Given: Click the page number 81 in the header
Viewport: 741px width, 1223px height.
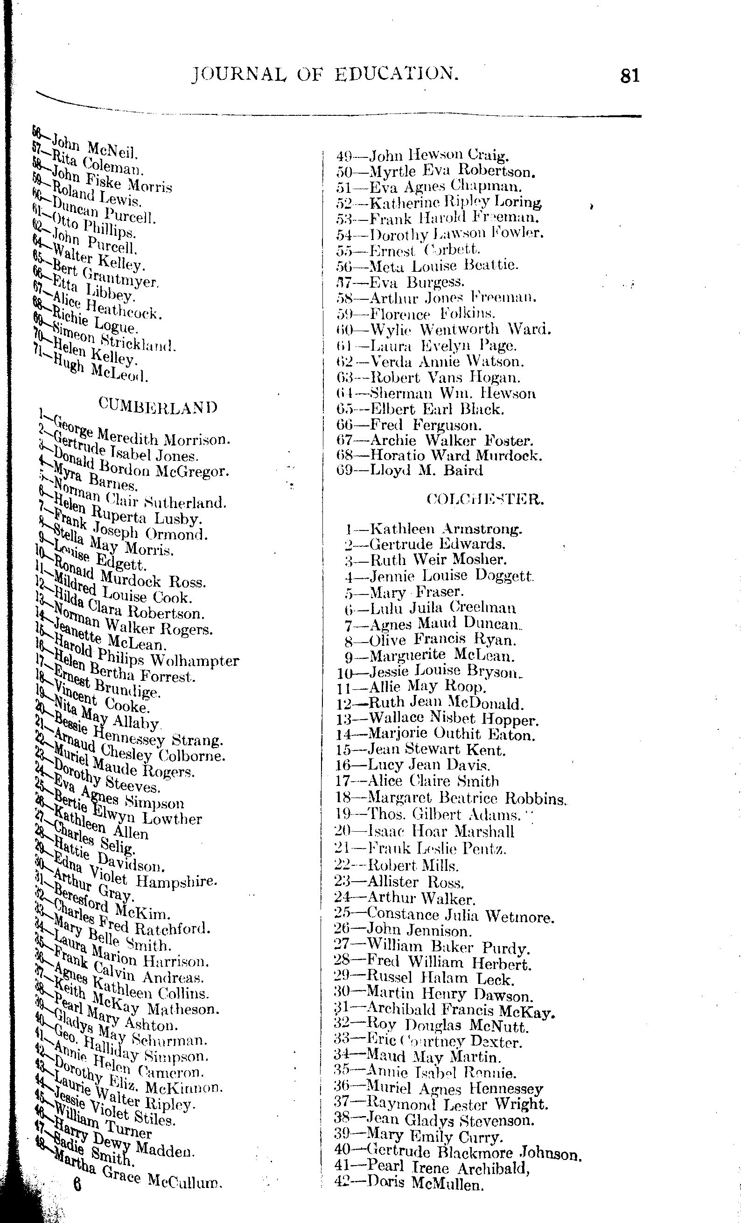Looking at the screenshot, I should (629, 76).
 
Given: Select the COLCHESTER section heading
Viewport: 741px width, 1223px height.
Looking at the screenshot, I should (485, 499).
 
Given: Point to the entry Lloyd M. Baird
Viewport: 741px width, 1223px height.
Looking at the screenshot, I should (426, 470).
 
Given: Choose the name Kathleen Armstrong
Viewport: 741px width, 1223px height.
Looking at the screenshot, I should (446, 529).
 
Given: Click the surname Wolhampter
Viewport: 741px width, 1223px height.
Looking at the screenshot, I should (195, 661).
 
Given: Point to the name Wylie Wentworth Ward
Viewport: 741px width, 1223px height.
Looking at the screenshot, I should (460, 329).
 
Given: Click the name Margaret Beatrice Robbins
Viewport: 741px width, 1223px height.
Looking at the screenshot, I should (466, 798).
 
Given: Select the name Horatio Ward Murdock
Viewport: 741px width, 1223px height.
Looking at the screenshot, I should (456, 455).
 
